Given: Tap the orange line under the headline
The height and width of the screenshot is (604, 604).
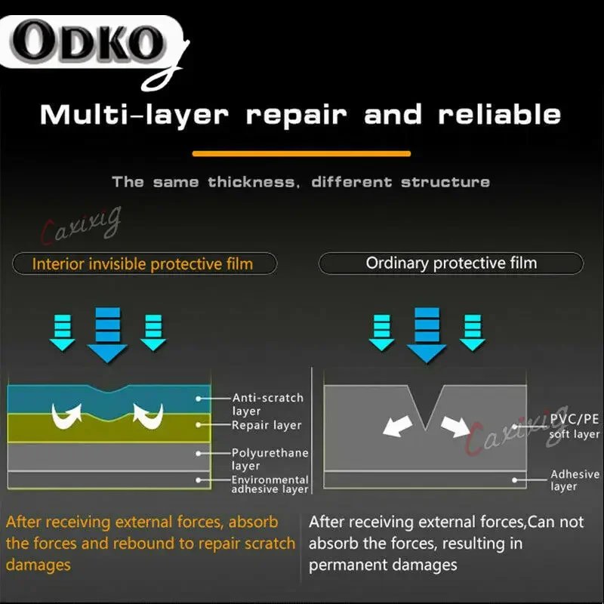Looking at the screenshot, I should point(301,153).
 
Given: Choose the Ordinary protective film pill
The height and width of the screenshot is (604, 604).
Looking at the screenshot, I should point(451,263).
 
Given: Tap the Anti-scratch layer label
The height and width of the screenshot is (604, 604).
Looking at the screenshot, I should point(267,404).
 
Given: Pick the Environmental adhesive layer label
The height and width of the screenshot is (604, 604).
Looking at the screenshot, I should point(270,484).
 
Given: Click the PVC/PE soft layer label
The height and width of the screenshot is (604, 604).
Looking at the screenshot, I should point(575,427).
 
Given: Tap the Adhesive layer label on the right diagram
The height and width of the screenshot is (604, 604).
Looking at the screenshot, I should point(575,480).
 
